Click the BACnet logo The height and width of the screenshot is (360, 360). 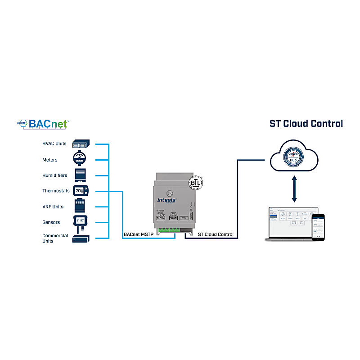(x=43, y=123)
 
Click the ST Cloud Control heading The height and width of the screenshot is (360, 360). (x=306, y=123)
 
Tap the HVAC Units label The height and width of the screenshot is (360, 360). (x=54, y=144)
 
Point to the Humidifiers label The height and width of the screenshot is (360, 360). (x=55, y=175)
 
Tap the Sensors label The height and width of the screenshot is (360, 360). (x=51, y=222)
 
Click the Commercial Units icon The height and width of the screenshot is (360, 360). (x=81, y=239)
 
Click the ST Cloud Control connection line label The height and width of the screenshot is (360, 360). (x=216, y=234)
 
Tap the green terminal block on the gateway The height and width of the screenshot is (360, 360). (x=166, y=230)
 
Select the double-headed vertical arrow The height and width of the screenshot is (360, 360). (x=294, y=189)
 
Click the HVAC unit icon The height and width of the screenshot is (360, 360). (x=81, y=144)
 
